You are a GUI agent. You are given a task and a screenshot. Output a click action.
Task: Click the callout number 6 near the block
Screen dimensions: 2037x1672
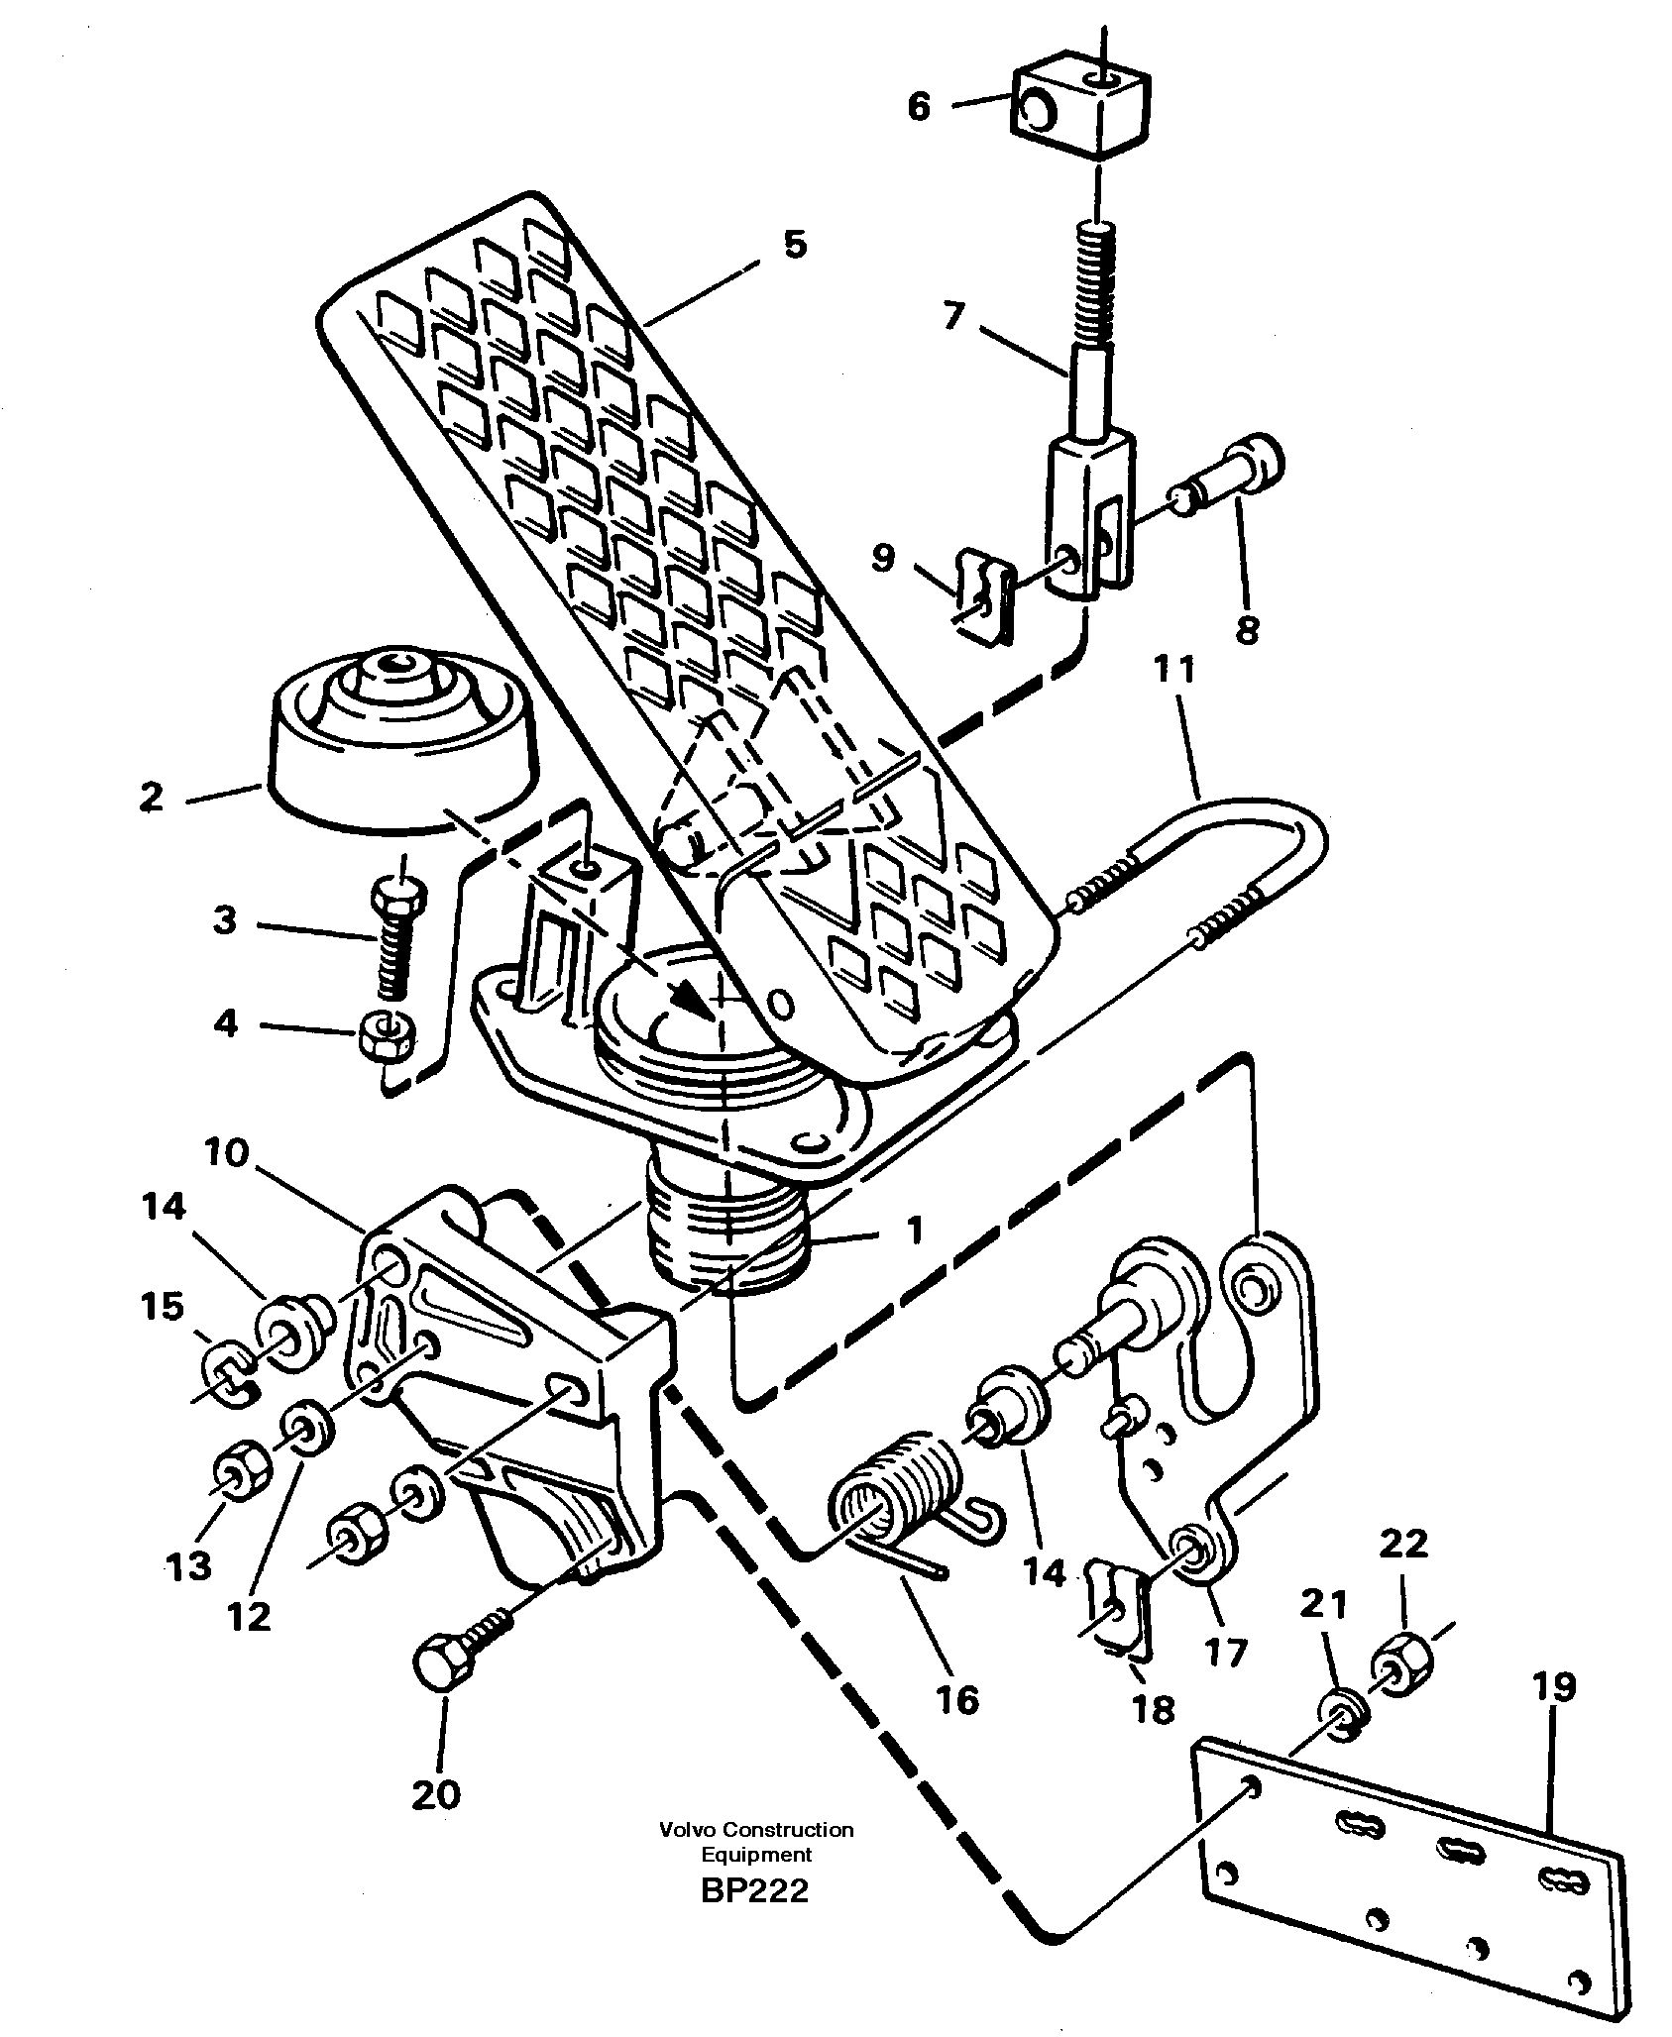919,107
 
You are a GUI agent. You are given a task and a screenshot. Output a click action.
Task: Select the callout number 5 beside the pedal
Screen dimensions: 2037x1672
795,245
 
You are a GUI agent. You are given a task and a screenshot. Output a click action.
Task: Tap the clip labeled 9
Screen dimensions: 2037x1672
982,598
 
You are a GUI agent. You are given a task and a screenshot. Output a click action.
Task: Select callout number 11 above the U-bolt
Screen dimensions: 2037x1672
1174,671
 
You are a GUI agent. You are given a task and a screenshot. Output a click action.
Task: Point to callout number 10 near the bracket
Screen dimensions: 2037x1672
227,1154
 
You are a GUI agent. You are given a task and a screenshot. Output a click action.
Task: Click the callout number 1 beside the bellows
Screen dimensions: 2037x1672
914,1232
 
